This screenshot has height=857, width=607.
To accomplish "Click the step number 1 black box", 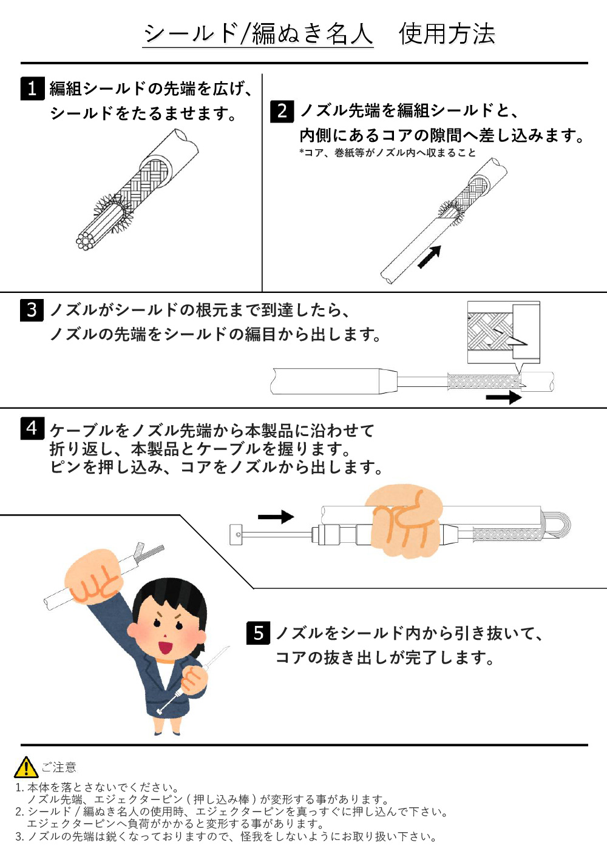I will [32, 89].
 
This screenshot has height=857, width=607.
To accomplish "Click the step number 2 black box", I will [282, 111].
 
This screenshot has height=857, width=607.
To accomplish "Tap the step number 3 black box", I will [32, 310].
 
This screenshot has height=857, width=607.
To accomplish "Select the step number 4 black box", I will [32, 428].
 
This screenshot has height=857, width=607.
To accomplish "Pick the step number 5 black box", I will [259, 633].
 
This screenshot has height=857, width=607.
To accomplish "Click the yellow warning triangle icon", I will [26, 768].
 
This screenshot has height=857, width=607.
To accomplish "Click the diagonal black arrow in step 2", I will [429, 257].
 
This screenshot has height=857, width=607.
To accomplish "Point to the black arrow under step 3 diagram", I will [503, 398].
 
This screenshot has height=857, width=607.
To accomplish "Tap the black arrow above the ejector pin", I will [276, 517].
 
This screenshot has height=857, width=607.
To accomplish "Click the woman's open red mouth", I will [164, 647].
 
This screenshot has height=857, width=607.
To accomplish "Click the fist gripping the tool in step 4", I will [404, 521].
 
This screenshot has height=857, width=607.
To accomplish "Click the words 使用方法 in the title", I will [447, 34].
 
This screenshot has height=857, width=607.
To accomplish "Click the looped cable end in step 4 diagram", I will [558, 524].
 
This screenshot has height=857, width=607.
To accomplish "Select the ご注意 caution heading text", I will [59, 768].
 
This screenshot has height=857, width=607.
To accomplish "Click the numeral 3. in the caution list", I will [19, 837].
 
